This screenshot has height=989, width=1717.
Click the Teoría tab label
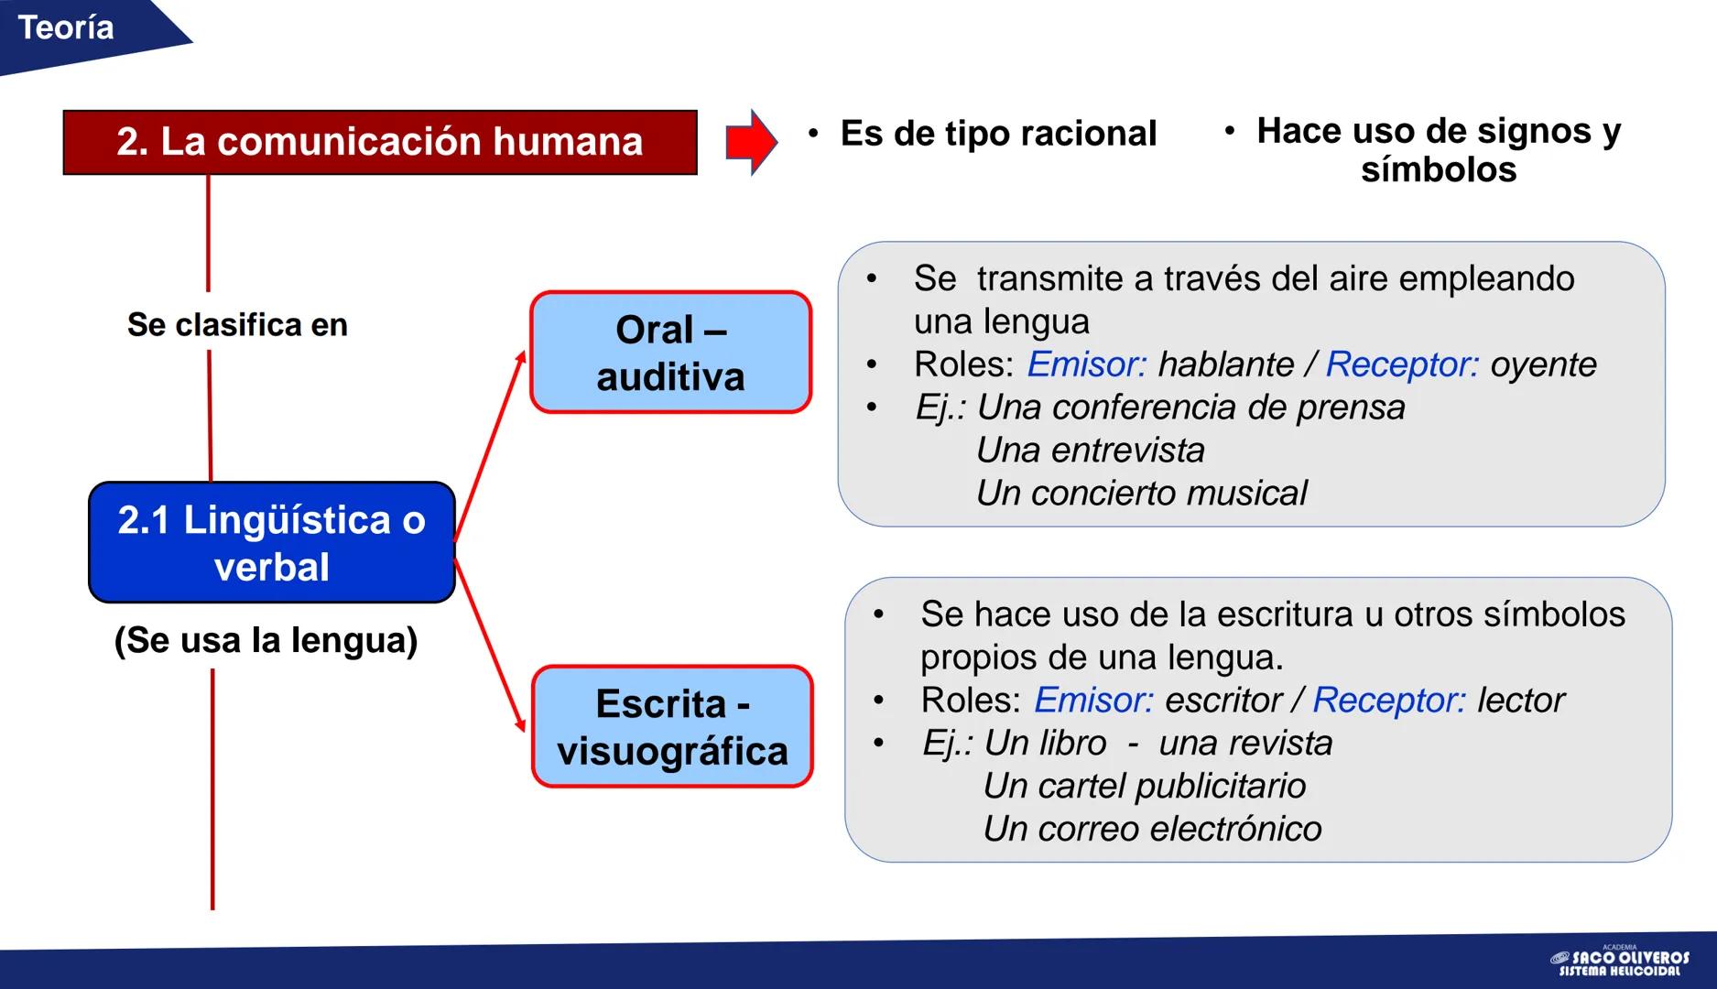tap(66, 28)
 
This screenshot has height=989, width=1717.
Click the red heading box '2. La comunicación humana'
tap(379, 142)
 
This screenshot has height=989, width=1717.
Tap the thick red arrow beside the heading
tap(751, 142)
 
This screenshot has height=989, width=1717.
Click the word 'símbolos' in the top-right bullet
tap(1438, 170)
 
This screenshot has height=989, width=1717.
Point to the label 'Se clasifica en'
tap(237, 324)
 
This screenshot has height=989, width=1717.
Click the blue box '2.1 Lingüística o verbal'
tap(272, 542)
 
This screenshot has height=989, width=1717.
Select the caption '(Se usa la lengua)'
tap(266, 640)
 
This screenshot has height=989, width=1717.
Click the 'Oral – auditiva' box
tap(670, 353)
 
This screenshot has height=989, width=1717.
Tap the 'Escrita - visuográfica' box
tap(672, 726)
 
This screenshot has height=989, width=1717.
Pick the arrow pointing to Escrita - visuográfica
tap(491, 647)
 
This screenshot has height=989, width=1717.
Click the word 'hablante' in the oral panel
tap(1225, 364)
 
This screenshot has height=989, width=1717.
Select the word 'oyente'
tap(1543, 364)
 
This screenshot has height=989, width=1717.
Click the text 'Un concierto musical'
tap(1141, 494)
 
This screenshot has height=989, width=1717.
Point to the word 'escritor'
tap(1223, 701)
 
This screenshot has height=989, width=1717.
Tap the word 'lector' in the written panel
tap(1521, 701)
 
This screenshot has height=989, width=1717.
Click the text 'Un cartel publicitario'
tap(1144, 786)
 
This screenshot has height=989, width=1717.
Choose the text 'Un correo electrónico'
tap(1152, 829)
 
